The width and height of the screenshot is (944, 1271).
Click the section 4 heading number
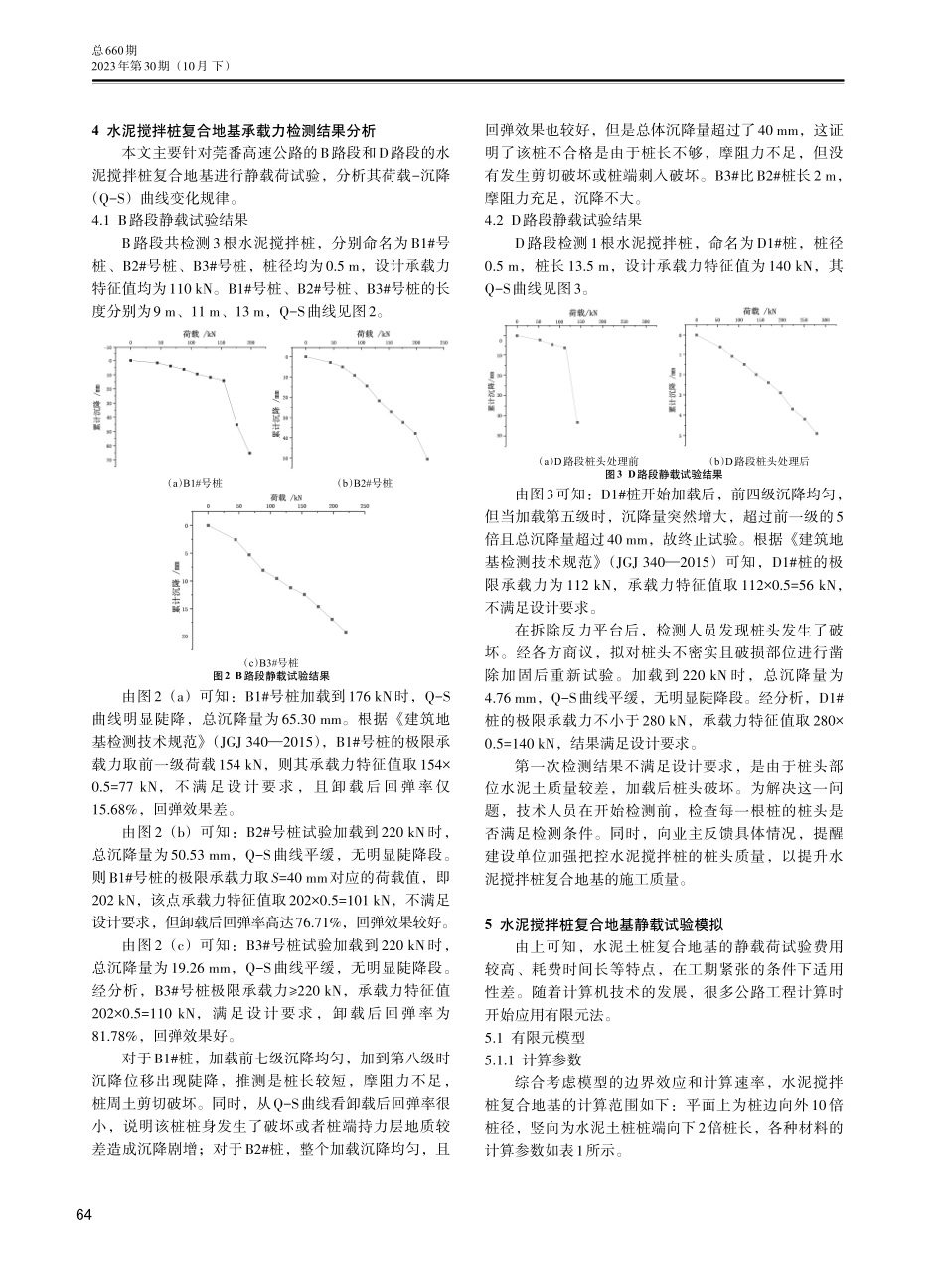(x=94, y=131)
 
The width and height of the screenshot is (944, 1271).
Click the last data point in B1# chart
(x=249, y=453)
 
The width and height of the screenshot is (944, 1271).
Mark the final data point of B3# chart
(x=346, y=632)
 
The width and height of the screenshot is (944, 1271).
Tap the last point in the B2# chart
(x=427, y=459)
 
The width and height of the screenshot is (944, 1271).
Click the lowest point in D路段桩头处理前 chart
(x=577, y=422)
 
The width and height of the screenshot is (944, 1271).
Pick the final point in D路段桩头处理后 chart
(x=817, y=433)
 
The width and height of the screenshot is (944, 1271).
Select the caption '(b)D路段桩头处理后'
(x=752, y=462)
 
